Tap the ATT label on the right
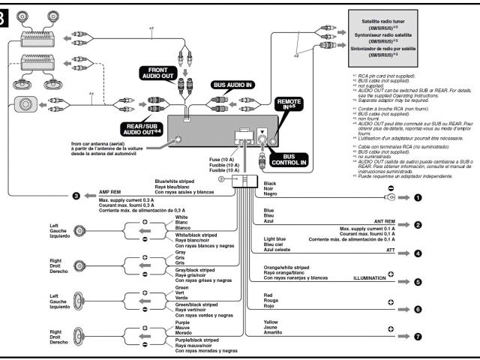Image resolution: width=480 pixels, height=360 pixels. click(390, 248)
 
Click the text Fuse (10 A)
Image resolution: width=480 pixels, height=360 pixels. click(222, 159)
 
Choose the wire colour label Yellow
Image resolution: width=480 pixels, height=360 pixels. click(271, 322)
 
